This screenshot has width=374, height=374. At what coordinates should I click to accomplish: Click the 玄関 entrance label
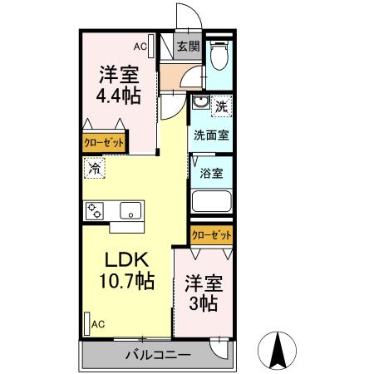click(x=189, y=47)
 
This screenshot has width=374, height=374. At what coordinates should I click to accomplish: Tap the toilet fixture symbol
click(x=219, y=55)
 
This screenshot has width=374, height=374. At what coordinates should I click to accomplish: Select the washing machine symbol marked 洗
click(x=221, y=106)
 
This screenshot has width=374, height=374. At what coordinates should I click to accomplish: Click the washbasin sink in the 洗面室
click(x=201, y=102)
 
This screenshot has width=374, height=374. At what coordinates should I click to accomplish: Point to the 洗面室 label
click(x=211, y=135)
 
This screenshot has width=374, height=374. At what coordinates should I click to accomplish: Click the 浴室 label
click(x=211, y=173)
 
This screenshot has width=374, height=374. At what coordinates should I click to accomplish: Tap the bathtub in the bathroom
click(x=212, y=201)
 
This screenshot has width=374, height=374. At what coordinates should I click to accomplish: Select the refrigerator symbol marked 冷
click(x=95, y=168)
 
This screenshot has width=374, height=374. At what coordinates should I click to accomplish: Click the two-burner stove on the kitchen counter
click(x=95, y=211)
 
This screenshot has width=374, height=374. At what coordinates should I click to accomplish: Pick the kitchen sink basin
click(x=130, y=210)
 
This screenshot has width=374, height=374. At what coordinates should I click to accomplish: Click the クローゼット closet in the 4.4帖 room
click(x=104, y=143)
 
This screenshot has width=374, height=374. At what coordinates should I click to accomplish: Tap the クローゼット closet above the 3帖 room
click(x=211, y=235)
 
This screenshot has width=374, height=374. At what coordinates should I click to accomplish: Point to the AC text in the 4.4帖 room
click(x=140, y=47)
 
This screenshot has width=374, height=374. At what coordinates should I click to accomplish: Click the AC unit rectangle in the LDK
click(x=87, y=324)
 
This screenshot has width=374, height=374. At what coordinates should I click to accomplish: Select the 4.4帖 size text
click(x=119, y=96)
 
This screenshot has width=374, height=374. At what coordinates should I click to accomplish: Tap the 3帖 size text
click(x=203, y=303)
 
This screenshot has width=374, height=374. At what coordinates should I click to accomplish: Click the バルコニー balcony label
click(x=158, y=355)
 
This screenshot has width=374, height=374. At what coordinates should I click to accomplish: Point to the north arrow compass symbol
click(x=278, y=351)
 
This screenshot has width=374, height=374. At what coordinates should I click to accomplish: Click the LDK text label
click(x=126, y=259)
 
